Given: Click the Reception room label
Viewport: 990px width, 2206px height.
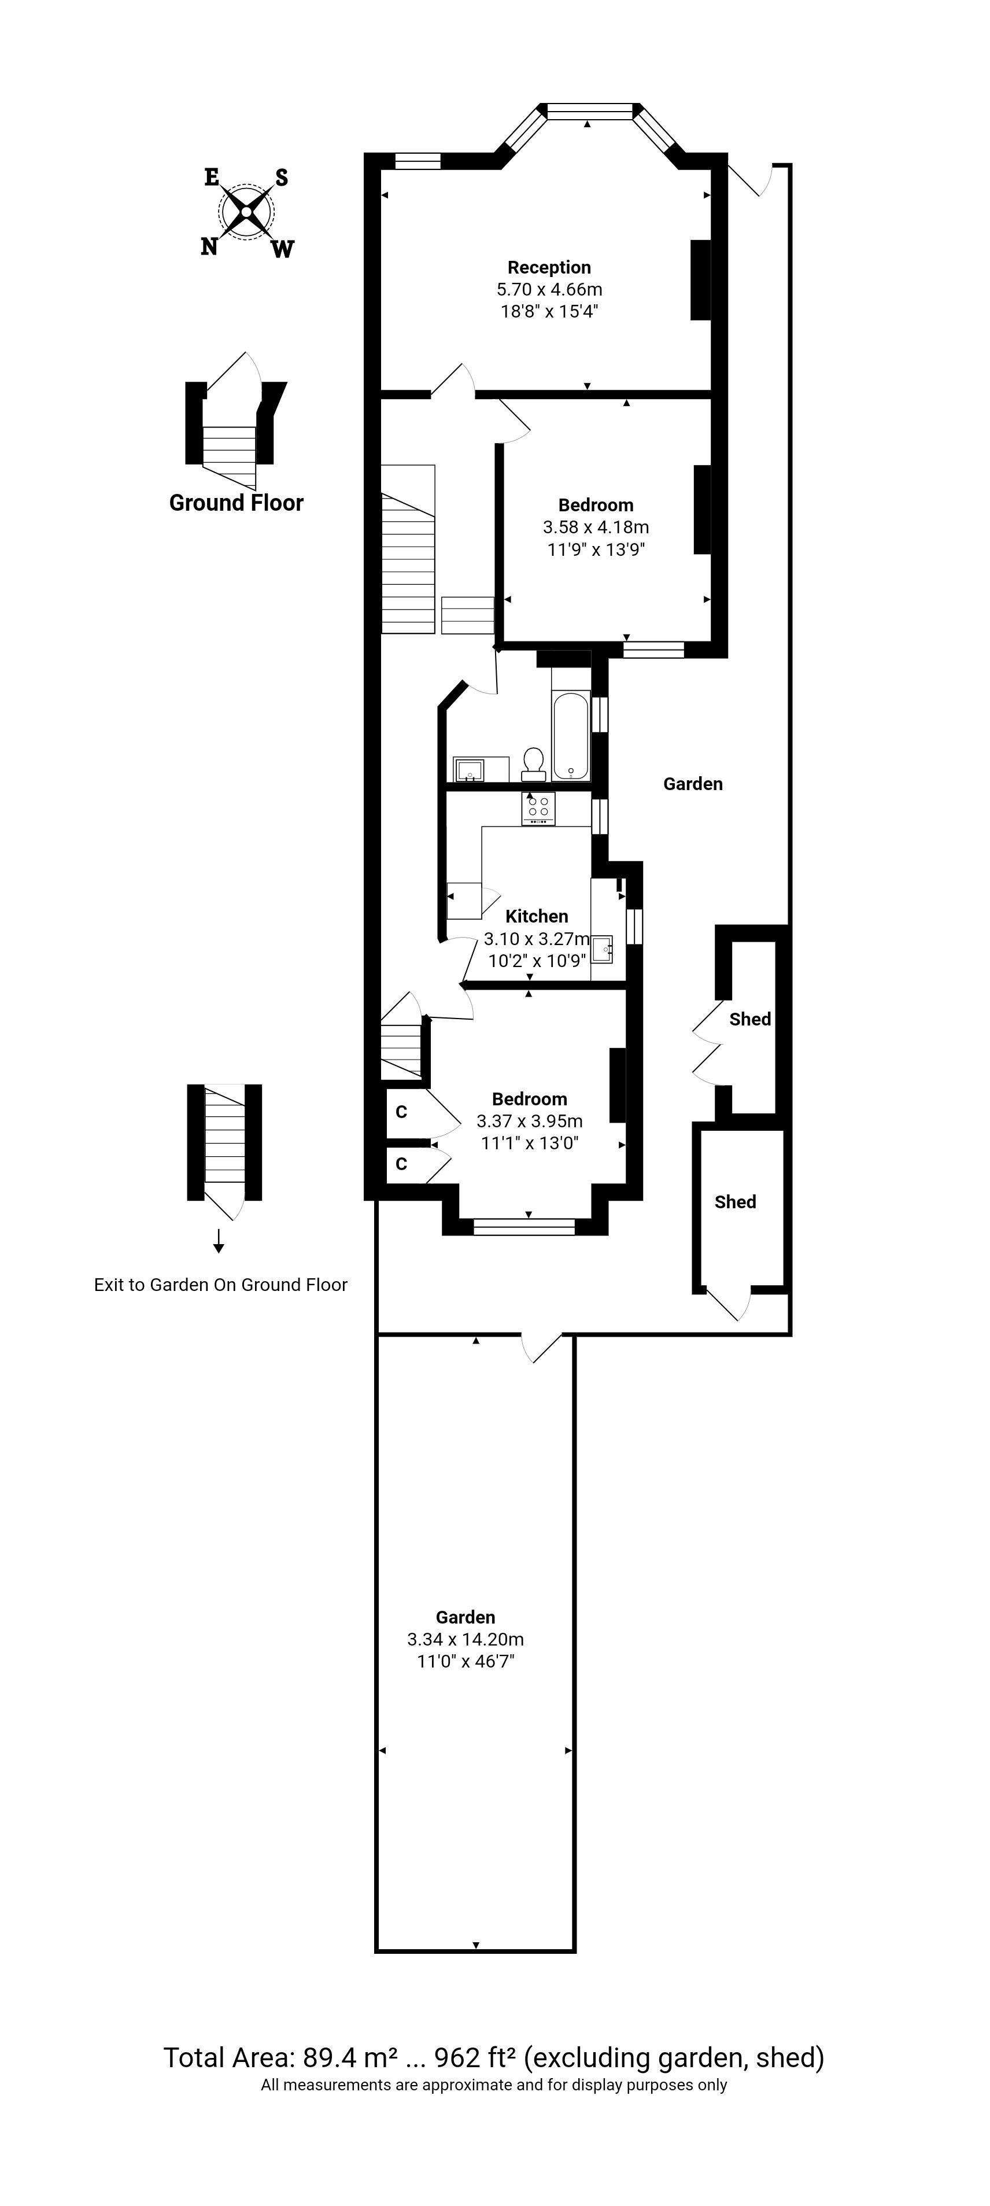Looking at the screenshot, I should [x=549, y=267].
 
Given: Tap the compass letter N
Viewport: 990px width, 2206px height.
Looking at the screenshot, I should [x=209, y=246].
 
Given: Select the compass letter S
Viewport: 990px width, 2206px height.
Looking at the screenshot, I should [x=281, y=178].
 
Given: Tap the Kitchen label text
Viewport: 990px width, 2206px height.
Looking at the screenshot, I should [x=536, y=916].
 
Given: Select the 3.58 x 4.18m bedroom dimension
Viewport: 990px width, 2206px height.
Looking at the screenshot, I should [x=595, y=527].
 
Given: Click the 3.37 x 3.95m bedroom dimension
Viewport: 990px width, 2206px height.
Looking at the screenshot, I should [x=529, y=1121].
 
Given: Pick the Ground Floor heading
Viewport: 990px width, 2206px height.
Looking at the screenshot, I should [x=237, y=503].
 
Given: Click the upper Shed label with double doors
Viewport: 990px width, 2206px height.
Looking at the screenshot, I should [x=750, y=1019].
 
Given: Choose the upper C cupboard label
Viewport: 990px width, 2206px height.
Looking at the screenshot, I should [x=401, y=1112].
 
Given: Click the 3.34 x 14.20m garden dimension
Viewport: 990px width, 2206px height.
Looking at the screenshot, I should [x=465, y=1639].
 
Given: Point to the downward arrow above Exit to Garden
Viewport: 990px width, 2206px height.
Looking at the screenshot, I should [x=219, y=1241].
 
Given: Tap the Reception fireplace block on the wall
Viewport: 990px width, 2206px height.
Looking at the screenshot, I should [x=700, y=280].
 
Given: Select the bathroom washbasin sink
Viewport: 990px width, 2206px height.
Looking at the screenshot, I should [x=468, y=770].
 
